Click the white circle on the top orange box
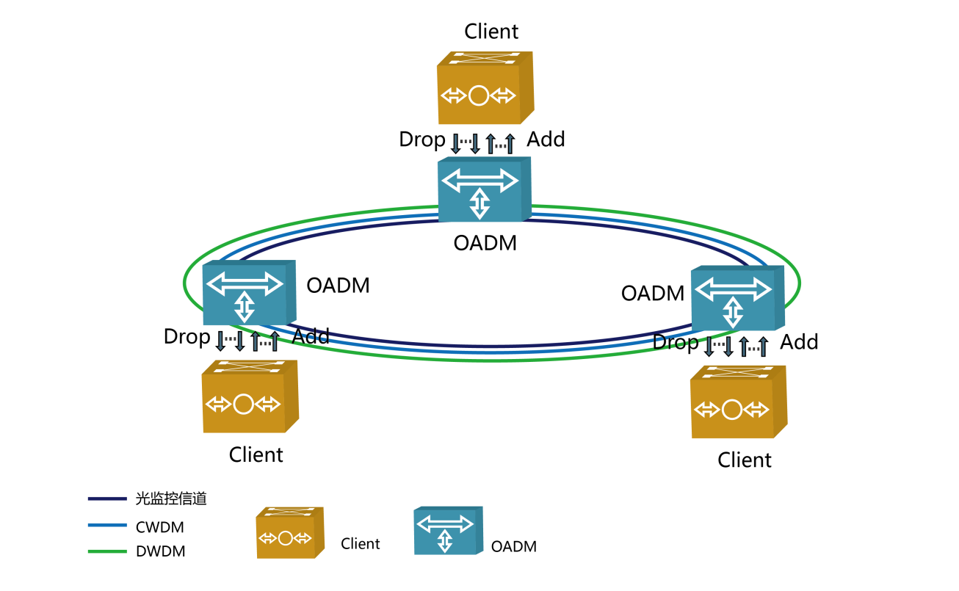[x=479, y=95]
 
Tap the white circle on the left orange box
[x=244, y=404]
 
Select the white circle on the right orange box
[x=732, y=410]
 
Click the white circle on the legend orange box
[x=286, y=538]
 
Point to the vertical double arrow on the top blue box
[x=479, y=203]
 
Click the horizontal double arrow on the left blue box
[x=245, y=283]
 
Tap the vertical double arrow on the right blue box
[x=733, y=312]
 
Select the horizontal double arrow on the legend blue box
[x=445, y=523]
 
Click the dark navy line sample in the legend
[x=107, y=498]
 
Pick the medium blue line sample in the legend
[x=107, y=525]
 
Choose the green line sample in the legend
[x=107, y=551]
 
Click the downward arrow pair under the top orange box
[x=466, y=142]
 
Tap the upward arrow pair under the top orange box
[x=500, y=144]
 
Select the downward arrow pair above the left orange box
[x=230, y=340]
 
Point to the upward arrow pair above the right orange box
[x=753, y=347]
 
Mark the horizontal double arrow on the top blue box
[x=480, y=180]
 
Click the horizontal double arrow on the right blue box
[x=733, y=289]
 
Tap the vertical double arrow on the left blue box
[x=245, y=306]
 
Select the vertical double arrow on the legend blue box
[x=445, y=541]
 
